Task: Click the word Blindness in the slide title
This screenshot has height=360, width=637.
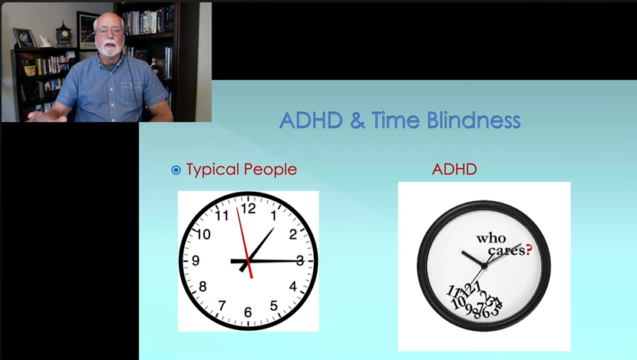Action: pyautogui.click(x=474, y=121)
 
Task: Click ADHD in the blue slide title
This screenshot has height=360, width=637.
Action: pyautogui.click(x=311, y=121)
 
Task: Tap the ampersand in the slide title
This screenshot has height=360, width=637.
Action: pyautogui.click(x=357, y=121)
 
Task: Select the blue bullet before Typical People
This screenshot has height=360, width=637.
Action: pyautogui.click(x=176, y=170)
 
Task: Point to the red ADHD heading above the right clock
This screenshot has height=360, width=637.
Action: pyautogui.click(x=454, y=169)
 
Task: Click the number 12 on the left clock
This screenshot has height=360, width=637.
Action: pyautogui.click(x=248, y=209)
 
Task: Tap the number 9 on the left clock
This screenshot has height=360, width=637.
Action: pyautogui.click(x=196, y=260)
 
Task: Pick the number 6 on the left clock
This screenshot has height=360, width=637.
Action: pyautogui.click(x=248, y=312)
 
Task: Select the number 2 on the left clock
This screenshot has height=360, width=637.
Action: pyautogui.click(x=293, y=234)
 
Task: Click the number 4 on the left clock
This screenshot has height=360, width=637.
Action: pyautogui.click(x=293, y=286)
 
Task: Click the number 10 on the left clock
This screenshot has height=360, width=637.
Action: pyautogui.click(x=203, y=234)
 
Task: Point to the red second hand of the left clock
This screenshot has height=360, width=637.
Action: pyautogui.click(x=245, y=243)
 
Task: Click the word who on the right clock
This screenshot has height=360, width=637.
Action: pyautogui.click(x=491, y=238)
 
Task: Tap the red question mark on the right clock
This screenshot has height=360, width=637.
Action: pyautogui.click(x=529, y=249)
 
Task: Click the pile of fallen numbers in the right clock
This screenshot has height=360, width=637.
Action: pyautogui.click(x=474, y=300)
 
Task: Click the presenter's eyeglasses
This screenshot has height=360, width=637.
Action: pyautogui.click(x=109, y=31)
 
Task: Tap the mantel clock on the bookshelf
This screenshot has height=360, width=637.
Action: pyautogui.click(x=64, y=34)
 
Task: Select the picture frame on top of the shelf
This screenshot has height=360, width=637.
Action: pyautogui.click(x=25, y=38)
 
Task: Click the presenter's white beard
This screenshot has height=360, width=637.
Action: pyautogui.click(x=110, y=48)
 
